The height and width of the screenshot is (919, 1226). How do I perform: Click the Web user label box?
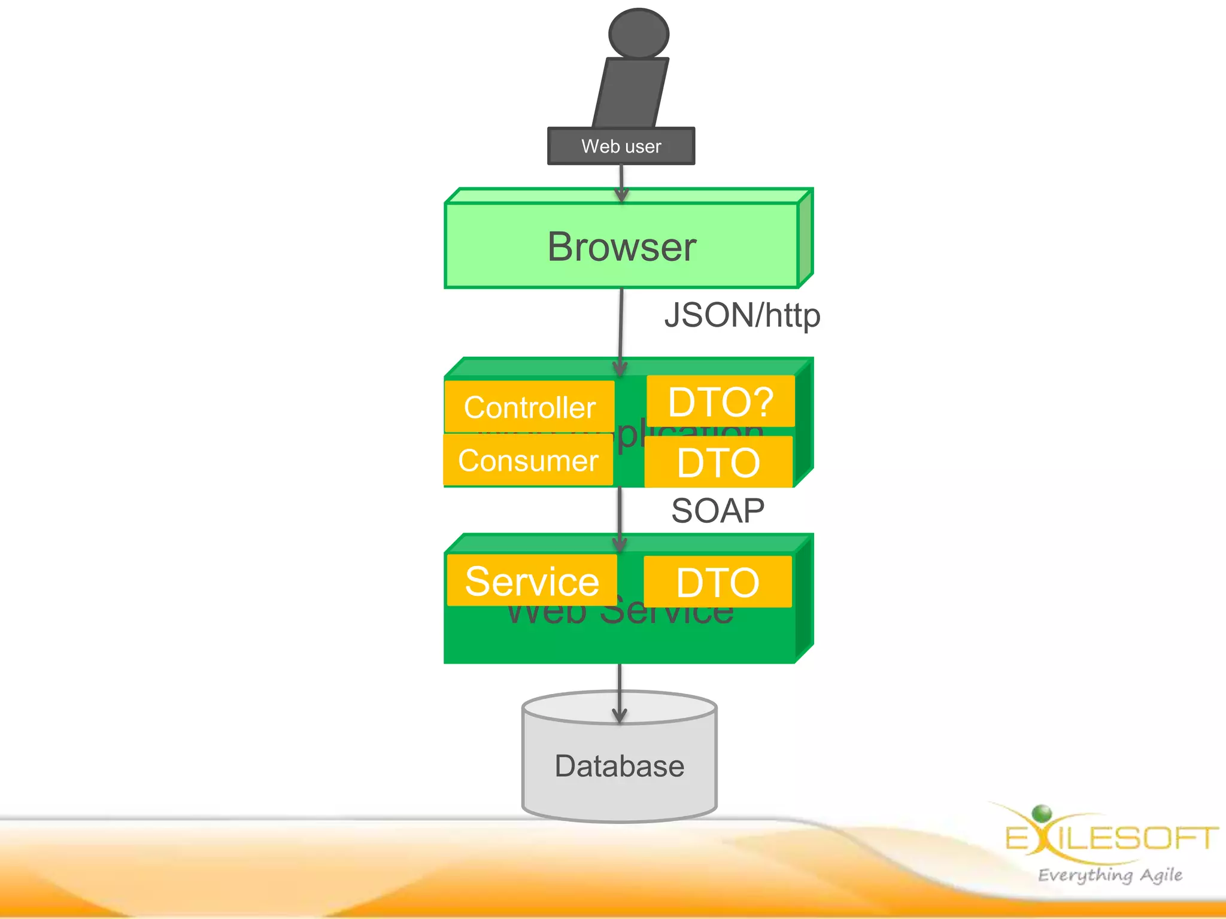pos(621,146)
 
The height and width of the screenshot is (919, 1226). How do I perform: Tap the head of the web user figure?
pos(638,34)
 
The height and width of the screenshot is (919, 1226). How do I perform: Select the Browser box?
pos(621,246)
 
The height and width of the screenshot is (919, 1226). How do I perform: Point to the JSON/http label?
pos(742,315)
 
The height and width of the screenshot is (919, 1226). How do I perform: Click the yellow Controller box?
pos(529,407)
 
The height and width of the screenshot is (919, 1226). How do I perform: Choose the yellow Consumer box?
pos(528,460)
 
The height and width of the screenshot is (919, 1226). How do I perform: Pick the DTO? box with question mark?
pos(720,401)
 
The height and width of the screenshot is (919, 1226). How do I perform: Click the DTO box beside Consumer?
pos(718,462)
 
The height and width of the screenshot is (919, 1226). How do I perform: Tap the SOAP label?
pos(717,511)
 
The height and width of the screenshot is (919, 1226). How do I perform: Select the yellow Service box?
pos(532,580)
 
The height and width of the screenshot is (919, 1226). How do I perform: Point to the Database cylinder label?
pos(619,766)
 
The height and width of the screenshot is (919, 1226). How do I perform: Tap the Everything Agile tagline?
pos(1110,875)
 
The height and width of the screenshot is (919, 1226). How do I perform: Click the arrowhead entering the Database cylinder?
pos(620,715)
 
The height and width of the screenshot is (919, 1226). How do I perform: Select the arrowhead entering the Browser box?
pos(622,195)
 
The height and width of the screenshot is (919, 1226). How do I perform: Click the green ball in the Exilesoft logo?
pos(1042,813)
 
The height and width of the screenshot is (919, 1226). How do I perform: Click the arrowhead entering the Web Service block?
pos(620,543)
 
